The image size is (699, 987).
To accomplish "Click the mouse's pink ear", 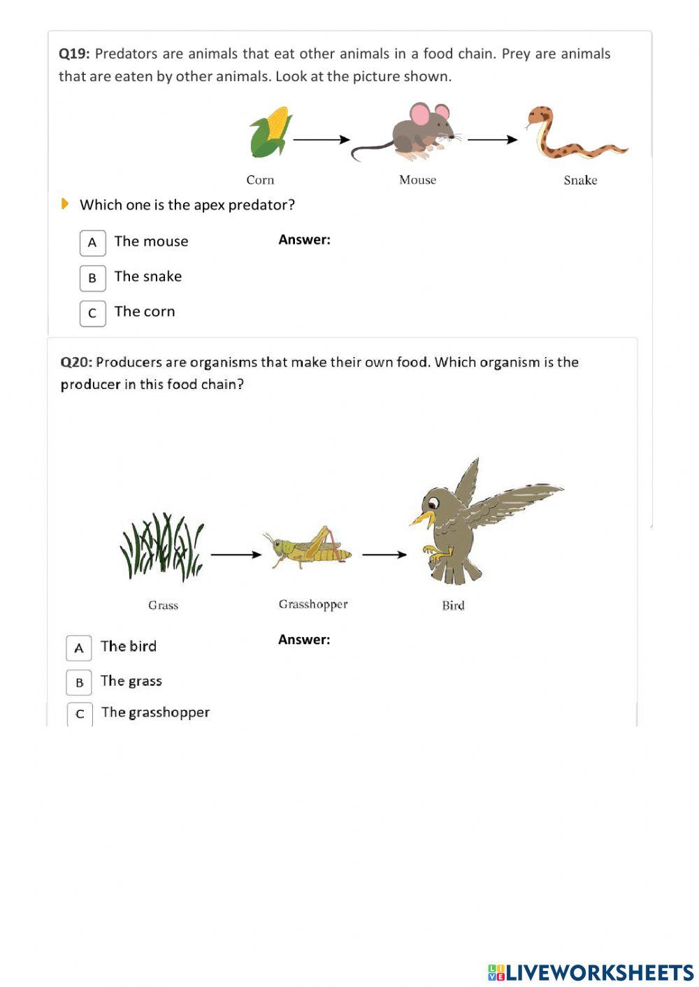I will tap(420, 114).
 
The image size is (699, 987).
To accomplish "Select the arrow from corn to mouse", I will tap(321, 140).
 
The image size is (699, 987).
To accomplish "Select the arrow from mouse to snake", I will tap(492, 140).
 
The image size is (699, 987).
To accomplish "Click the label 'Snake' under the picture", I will tap(580, 180).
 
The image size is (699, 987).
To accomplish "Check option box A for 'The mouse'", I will tap(92, 243).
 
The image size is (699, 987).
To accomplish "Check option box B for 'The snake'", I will tap(92, 278).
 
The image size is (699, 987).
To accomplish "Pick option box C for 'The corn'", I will tap(92, 313).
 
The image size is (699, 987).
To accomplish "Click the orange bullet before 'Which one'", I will tap(64, 204).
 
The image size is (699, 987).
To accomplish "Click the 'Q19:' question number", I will tap(74, 54).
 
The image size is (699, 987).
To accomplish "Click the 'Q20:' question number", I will tap(76, 362).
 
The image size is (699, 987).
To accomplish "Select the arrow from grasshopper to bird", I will tap(384, 555).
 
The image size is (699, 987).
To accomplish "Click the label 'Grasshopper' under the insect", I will tap(313, 604).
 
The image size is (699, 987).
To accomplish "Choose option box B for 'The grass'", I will tap(79, 682).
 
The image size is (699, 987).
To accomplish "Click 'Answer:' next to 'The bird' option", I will tap(304, 639).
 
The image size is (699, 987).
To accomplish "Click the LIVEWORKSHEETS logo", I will tap(591, 972).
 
